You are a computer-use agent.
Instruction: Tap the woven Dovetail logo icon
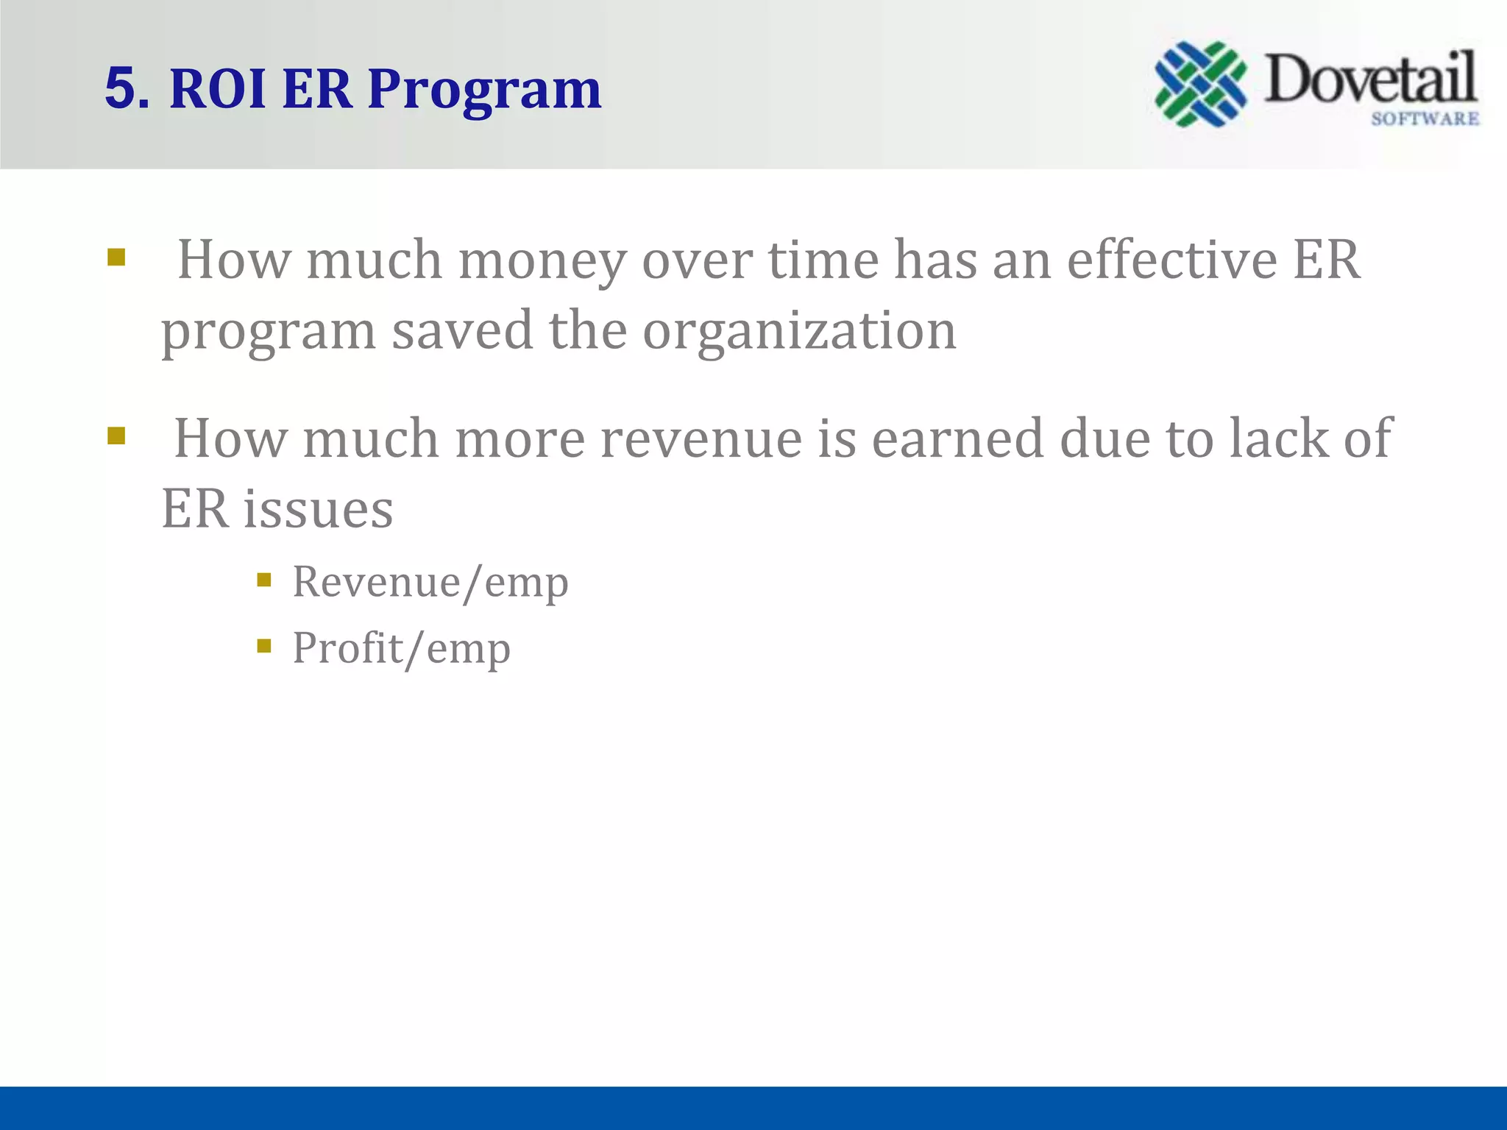1201,84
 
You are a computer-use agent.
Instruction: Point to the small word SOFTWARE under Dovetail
1425,119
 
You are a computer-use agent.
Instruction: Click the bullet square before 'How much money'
116,257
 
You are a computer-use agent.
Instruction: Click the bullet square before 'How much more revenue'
116,436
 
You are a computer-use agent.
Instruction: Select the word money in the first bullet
542,262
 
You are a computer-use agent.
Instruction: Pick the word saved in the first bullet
462,330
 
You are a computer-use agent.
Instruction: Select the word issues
319,509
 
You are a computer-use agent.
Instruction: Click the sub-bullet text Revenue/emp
430,583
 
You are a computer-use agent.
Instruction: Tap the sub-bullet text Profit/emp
401,649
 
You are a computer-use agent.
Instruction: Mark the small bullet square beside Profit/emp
264,647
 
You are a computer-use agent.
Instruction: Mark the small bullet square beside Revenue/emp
264,580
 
